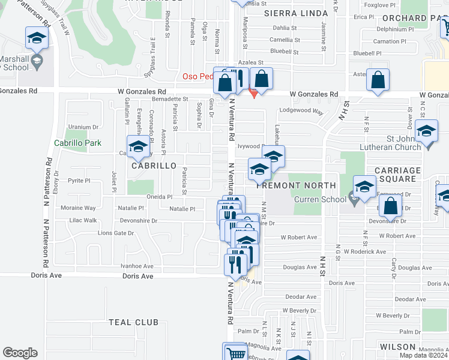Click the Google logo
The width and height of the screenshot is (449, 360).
pos(20,353)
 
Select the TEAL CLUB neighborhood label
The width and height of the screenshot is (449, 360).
pos(133,322)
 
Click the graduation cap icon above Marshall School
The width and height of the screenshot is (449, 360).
pos(37,39)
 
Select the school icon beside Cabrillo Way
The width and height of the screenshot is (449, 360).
pos(138,148)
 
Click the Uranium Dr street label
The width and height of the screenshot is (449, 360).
pos(83,127)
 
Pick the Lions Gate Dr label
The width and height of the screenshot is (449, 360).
pos(115,233)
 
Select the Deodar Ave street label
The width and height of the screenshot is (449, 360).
pos(301,296)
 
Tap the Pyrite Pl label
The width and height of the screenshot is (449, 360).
pos(79,180)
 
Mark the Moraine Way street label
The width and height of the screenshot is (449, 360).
pos(78,208)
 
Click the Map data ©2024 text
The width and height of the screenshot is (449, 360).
pos(424,355)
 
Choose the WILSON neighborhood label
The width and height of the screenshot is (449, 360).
pos(397,347)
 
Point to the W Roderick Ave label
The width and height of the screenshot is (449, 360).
pos(364,252)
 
